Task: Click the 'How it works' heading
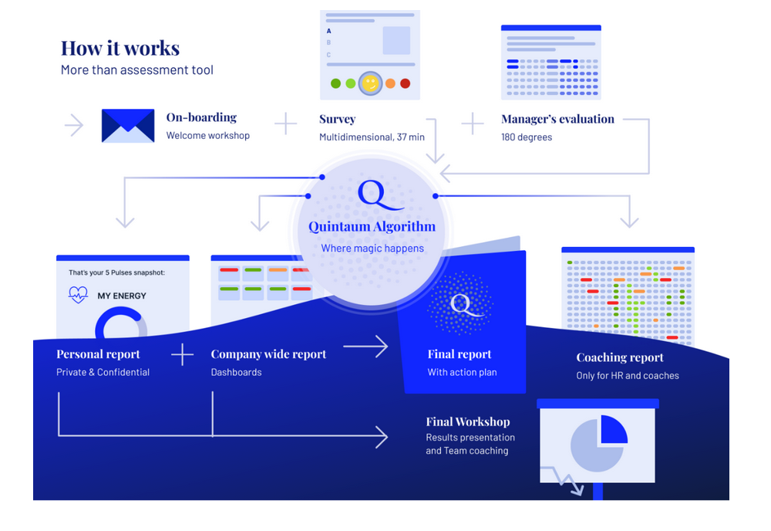point(120,48)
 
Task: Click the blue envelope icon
point(128,126)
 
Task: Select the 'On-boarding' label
point(201,117)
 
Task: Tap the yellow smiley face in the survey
point(370,83)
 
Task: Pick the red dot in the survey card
point(406,83)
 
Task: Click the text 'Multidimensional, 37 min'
point(372,137)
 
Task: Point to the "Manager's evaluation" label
point(557,119)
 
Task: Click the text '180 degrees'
point(527,137)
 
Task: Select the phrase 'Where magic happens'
point(372,249)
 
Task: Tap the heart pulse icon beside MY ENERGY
point(78,295)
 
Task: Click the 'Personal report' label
point(98,354)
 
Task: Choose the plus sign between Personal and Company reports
point(183,354)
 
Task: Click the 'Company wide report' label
point(268,354)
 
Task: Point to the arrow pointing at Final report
point(365,347)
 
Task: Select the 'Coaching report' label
point(620,358)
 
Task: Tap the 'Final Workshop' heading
point(468,421)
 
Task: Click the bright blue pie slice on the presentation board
point(614,429)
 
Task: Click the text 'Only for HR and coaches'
point(628,376)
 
